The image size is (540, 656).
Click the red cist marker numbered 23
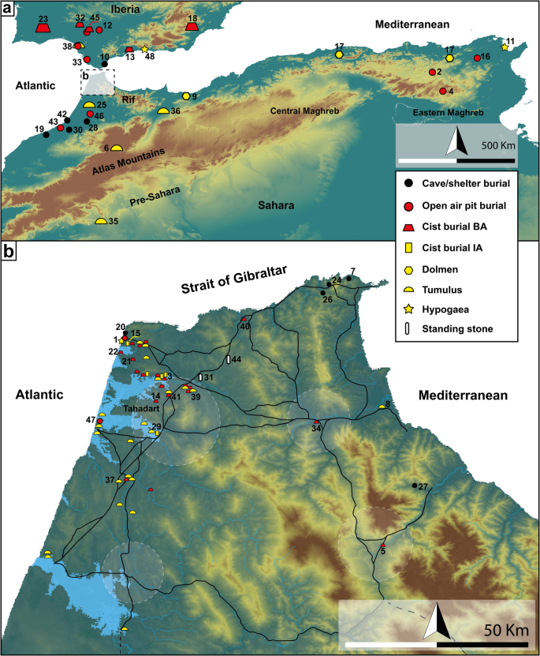(x=43, y=28)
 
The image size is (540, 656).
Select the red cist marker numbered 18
(x=192, y=27)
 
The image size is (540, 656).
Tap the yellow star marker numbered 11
(x=505, y=47)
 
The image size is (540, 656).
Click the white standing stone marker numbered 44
(x=229, y=360)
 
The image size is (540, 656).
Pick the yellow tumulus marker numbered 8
(x=382, y=407)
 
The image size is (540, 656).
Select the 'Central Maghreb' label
(x=305, y=111)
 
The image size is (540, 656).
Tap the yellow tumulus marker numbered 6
(x=116, y=147)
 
